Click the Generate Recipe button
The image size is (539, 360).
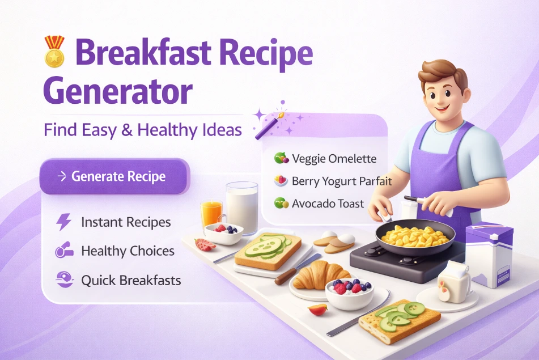pyautogui.click(x=113, y=176)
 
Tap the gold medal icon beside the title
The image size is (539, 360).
pyautogui.click(x=54, y=51)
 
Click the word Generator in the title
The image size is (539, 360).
pyautogui.click(x=118, y=91)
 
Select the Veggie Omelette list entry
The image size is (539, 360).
pyautogui.click(x=334, y=159)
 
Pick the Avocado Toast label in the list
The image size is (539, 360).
pyautogui.click(x=328, y=203)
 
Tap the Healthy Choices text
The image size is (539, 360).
pyautogui.click(x=128, y=251)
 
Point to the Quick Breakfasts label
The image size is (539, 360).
pyautogui.click(x=131, y=280)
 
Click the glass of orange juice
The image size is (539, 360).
pyautogui.click(x=211, y=214)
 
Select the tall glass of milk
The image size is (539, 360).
pyautogui.click(x=242, y=207)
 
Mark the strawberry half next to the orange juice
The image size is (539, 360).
pyautogui.click(x=205, y=244)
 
